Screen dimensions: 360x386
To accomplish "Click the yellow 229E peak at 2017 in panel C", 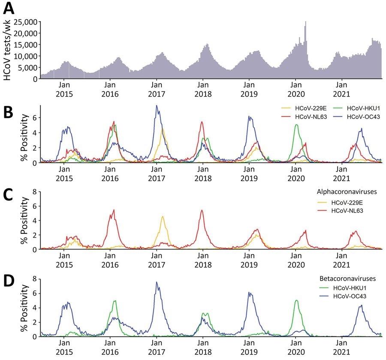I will pyautogui.click(x=163, y=217).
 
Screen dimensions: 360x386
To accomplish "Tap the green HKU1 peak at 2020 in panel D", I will pyautogui.click(x=296, y=300).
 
